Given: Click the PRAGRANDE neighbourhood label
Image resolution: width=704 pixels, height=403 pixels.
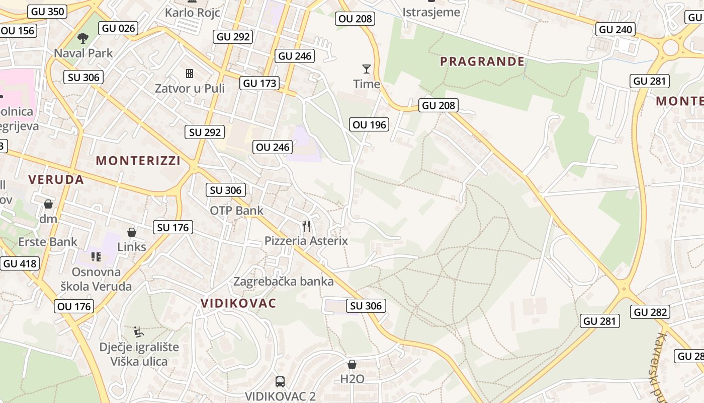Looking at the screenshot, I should coord(482,61).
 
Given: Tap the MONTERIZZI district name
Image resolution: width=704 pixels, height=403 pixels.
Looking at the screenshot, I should coord(138,161).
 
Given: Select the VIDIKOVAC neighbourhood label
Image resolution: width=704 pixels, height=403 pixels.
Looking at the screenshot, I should coord(238,303).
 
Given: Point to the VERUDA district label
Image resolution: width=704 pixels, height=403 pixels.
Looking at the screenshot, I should coord(56,179).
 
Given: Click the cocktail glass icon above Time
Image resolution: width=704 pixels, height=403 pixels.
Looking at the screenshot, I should coord(367,69).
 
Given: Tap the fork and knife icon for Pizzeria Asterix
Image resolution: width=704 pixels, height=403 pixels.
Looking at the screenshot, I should coord(306,226).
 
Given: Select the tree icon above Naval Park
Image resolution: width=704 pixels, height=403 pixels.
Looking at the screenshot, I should coord(83,38).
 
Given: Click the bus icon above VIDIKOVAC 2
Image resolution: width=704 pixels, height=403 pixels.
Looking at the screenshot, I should coord(280,382).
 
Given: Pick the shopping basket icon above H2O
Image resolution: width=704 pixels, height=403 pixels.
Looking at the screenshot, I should coord(352,364).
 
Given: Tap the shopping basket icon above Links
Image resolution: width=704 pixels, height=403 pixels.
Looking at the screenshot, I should coord(132,232).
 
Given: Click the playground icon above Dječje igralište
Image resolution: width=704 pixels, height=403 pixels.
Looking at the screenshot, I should coord(139,332).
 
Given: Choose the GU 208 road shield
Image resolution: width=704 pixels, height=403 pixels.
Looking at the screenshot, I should coord(438,105).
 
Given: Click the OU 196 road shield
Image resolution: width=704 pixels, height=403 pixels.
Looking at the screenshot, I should coord(370,124).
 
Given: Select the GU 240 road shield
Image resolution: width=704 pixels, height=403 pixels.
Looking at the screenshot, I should coord(615,30).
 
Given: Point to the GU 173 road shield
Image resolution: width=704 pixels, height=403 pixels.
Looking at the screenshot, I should coord(259,83).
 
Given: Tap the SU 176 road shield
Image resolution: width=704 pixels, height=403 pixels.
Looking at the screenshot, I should coord(173,228).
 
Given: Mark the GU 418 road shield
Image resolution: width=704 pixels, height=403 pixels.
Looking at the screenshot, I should coord(20,263).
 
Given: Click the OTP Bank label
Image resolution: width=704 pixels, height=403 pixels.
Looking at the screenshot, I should coord(236,211).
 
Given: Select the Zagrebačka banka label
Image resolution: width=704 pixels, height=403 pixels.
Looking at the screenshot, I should coord(283,281).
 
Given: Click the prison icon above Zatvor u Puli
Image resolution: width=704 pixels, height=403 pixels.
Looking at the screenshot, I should coord(190,74).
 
